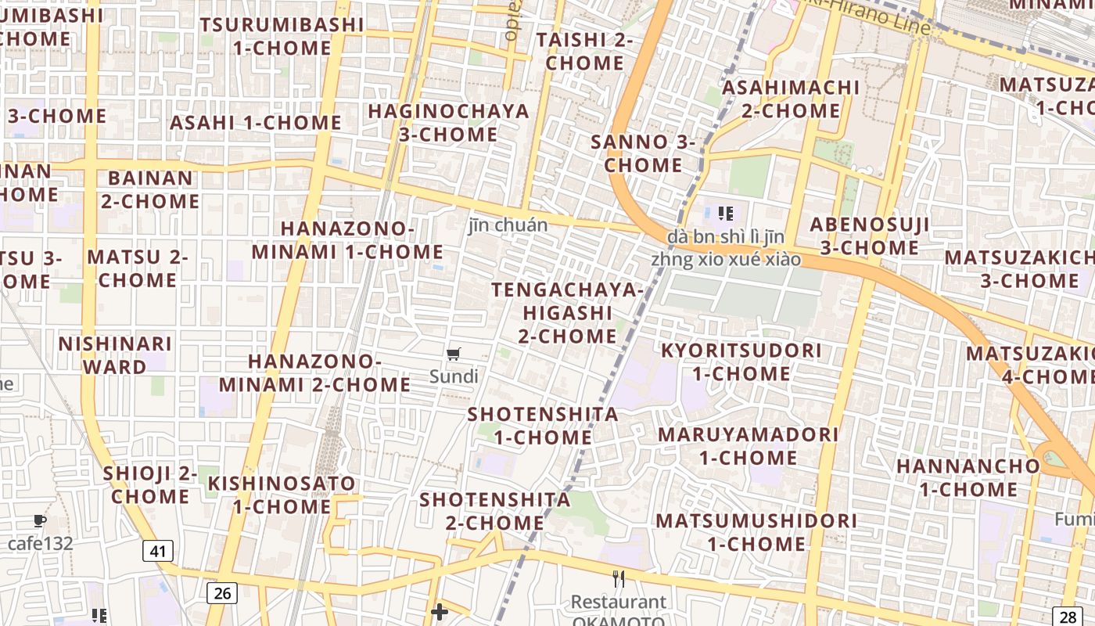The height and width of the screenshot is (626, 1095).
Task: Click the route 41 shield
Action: (158, 551)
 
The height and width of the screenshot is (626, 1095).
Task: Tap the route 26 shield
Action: (222, 593)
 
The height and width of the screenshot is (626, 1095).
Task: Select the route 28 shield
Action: (1068, 616)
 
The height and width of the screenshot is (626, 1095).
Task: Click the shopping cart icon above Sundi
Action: (454, 354)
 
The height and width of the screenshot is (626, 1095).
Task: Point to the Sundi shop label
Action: (454, 376)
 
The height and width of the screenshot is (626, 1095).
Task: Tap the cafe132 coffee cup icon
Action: (40, 520)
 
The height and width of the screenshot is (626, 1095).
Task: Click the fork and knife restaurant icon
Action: (619, 579)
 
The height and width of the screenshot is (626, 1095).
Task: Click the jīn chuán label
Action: (508, 225)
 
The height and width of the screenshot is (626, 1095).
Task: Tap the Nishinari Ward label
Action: (115, 355)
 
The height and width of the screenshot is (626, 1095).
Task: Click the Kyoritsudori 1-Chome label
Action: (741, 362)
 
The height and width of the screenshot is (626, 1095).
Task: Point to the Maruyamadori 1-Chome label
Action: (748, 445)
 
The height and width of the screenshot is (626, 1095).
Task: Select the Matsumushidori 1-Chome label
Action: (756, 532)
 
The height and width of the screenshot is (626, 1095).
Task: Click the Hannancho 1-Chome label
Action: (968, 477)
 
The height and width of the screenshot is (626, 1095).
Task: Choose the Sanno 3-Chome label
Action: (643, 153)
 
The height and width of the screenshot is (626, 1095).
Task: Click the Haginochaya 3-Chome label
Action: (449, 123)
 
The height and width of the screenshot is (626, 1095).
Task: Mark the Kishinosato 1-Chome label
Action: (282, 495)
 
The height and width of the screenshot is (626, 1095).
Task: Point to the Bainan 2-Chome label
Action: (149, 189)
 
